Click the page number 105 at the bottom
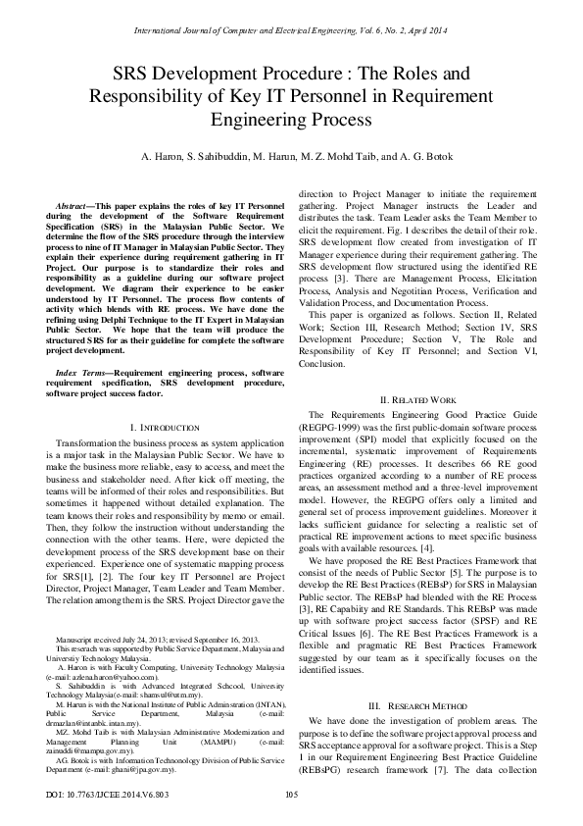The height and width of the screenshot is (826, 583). (x=291, y=795)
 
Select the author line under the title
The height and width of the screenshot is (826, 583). (x=291, y=157)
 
